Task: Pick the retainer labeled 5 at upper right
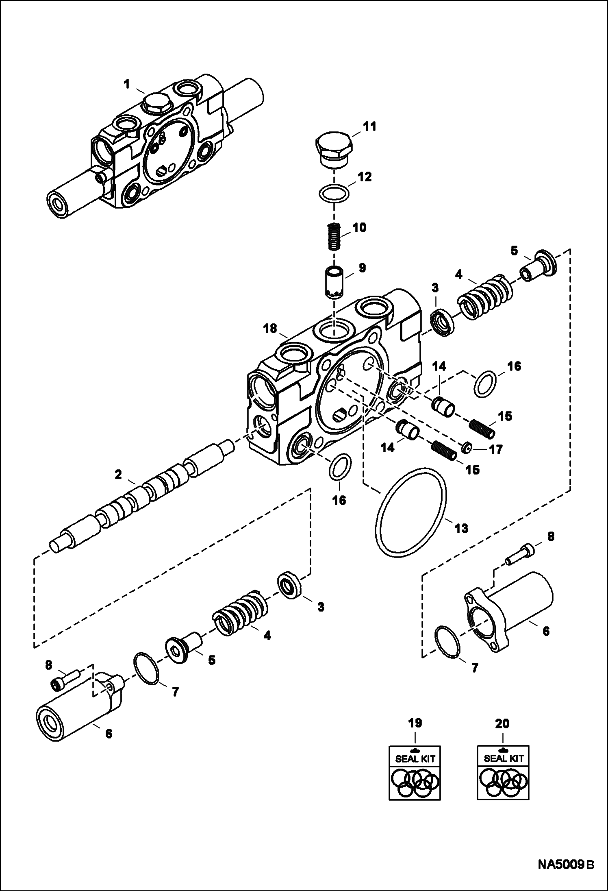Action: tap(538, 267)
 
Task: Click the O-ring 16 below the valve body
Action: tap(340, 466)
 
